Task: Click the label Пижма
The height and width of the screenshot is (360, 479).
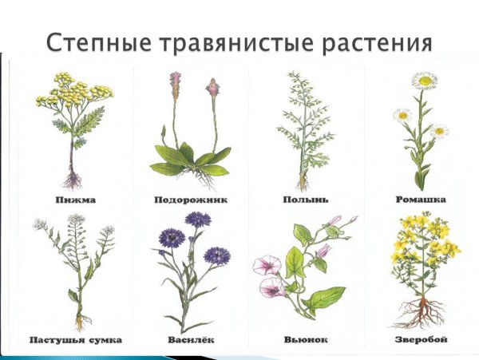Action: point(77,200)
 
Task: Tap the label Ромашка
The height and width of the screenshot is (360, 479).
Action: point(421,200)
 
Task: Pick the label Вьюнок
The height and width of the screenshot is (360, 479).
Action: point(303,339)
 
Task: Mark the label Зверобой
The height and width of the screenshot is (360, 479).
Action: point(421,339)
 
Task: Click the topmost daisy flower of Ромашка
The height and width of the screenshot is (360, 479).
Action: point(424,81)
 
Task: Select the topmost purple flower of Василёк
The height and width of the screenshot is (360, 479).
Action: point(197,219)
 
